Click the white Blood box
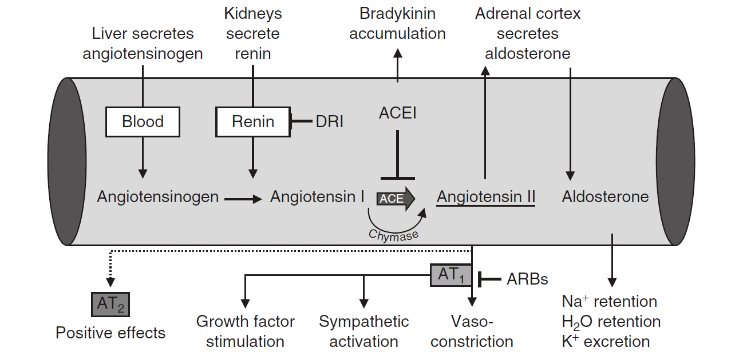tap(143, 121)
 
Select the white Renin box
tap(252, 121)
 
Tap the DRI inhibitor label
tap(330, 121)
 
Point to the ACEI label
tap(397, 113)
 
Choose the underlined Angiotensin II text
tap(485, 197)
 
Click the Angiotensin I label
tap(317, 197)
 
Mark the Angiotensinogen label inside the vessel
tap(157, 197)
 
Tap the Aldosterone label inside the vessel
tap(605, 197)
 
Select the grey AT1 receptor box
tap(451, 275)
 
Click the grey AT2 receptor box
tap(110, 304)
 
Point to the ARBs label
tap(527, 279)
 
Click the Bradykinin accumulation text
tap(397, 23)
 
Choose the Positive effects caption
tap(110, 333)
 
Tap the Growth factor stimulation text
tap(245, 332)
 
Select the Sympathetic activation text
tap(363, 332)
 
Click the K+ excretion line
tap(606, 342)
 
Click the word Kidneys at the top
tap(253, 13)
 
